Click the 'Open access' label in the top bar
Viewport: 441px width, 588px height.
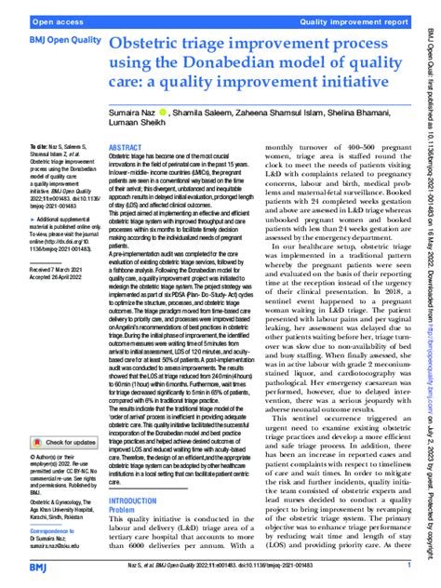(x=33, y=19)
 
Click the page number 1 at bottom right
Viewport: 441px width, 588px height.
(x=409, y=565)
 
